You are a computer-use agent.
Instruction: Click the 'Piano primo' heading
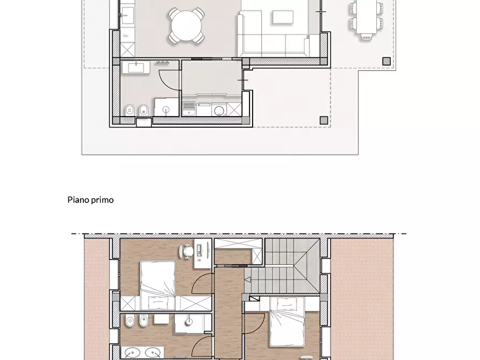(x=90, y=200)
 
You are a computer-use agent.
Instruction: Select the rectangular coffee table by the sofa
(x=283, y=18)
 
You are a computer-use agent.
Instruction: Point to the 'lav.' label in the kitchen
(x=126, y=36)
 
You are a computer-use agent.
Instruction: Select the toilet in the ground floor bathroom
(x=129, y=111)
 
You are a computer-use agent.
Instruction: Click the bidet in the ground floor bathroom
(x=142, y=111)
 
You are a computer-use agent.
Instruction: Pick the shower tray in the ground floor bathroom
(x=166, y=107)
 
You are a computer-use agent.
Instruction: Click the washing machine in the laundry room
(x=219, y=110)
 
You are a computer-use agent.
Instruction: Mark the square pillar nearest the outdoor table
(x=386, y=61)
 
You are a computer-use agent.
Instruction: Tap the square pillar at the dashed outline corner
(x=324, y=120)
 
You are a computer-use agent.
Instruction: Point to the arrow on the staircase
(x=249, y=279)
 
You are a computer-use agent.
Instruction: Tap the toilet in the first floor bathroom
(x=130, y=322)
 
